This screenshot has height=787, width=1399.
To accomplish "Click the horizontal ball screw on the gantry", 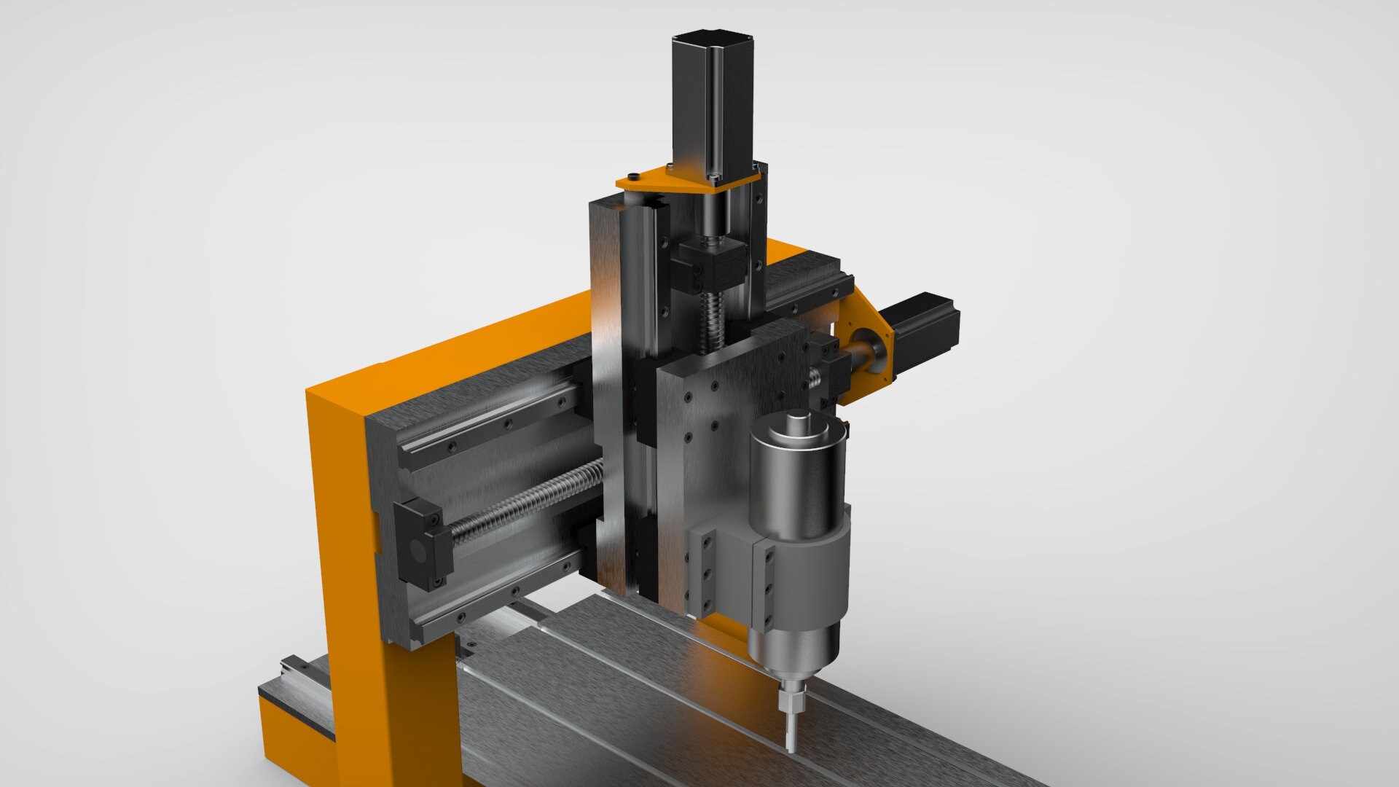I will click(525, 503).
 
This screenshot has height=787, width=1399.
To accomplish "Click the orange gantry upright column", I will click(350, 568).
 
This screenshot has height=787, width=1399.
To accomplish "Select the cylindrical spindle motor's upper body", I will click(798, 481).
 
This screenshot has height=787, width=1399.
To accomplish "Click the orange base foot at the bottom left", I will click(291, 736).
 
